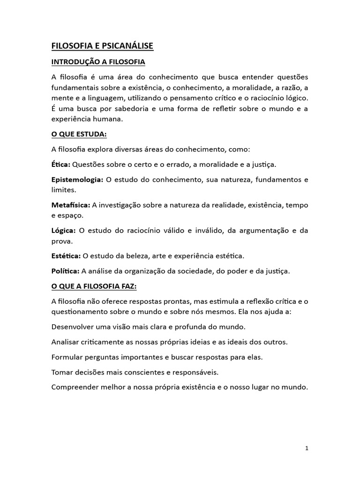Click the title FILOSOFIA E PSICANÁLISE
[x=102, y=46]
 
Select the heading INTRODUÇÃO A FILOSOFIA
[x=98, y=62]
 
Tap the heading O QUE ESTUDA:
[x=79, y=135]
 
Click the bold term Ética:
[x=60, y=165]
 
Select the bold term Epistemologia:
[x=77, y=180]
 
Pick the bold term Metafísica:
[x=70, y=205]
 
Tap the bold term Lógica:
[x=63, y=231]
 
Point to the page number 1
[x=307, y=448]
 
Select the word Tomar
[x=62, y=372]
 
